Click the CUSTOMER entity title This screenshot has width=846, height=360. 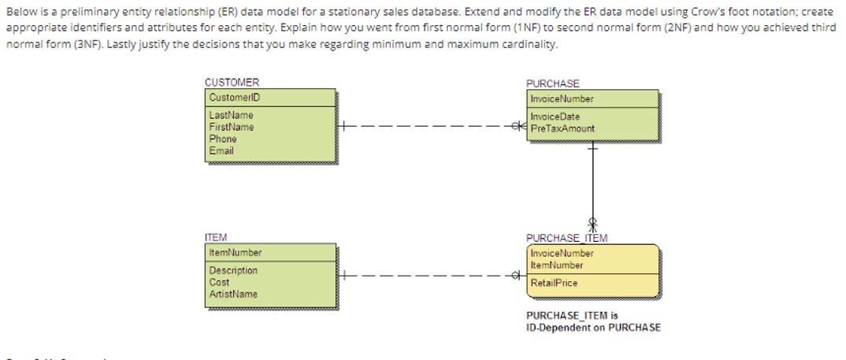[x=232, y=83]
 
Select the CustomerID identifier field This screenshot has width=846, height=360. [x=234, y=98]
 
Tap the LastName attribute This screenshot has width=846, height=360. [x=231, y=115]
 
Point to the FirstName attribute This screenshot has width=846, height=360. [x=232, y=127]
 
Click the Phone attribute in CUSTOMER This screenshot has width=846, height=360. [x=222, y=139]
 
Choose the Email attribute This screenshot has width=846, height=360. [x=221, y=150]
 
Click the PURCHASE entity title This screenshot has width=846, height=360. [x=552, y=84]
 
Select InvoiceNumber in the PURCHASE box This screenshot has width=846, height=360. [x=562, y=99]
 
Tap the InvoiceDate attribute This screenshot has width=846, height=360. [x=555, y=117]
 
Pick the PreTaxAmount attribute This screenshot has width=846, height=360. [x=562, y=128]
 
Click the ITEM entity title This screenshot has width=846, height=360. [x=216, y=237]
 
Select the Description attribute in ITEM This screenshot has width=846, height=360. [x=233, y=270]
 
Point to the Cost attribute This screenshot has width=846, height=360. [x=219, y=282]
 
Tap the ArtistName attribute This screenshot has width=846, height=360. [x=233, y=294]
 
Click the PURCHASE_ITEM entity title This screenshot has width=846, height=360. [x=566, y=238]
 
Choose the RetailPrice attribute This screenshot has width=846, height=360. [x=554, y=283]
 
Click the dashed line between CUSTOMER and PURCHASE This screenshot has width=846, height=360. [x=425, y=126]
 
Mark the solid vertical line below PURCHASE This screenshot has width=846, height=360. [x=591, y=185]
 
